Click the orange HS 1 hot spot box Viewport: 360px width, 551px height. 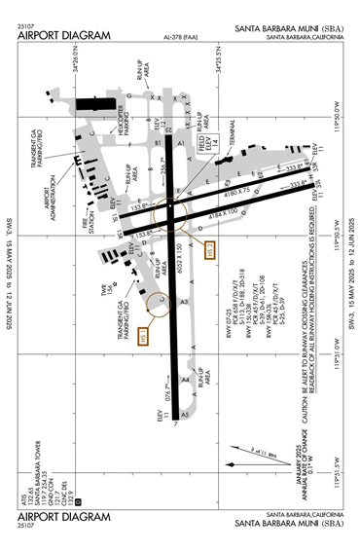(x=143, y=335)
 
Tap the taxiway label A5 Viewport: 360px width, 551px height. (x=184, y=416)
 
